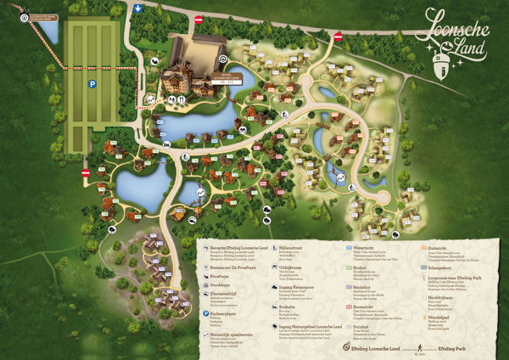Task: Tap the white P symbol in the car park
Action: [92, 85]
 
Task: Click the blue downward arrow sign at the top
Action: [138, 8]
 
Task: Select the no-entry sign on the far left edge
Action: [86, 173]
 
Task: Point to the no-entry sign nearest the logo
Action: [338, 37]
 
